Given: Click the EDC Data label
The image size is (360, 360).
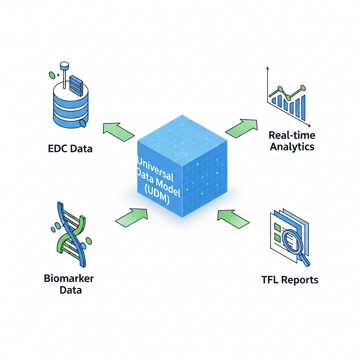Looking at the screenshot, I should pyautogui.click(x=70, y=148).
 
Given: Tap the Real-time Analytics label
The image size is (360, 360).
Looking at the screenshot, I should pyautogui.click(x=292, y=141).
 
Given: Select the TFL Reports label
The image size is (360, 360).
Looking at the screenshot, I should pyautogui.click(x=290, y=280).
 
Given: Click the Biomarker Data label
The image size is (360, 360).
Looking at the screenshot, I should pyautogui.click(x=69, y=284).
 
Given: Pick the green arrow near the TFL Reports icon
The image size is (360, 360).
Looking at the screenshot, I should pyautogui.click(x=233, y=218).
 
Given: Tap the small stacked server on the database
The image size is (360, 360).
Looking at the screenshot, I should pyautogui.click(x=76, y=84).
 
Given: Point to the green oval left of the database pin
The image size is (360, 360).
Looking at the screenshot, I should pyautogui.click(x=52, y=75).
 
